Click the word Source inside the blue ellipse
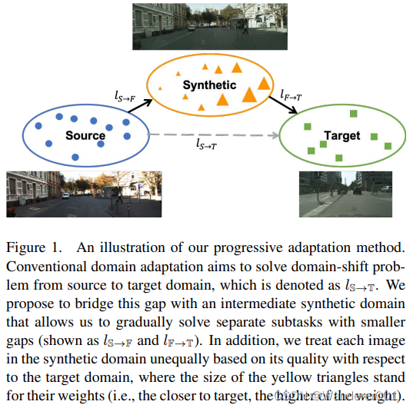pos(85,136)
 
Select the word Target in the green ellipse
pos(342,136)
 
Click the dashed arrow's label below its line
pos(206,144)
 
